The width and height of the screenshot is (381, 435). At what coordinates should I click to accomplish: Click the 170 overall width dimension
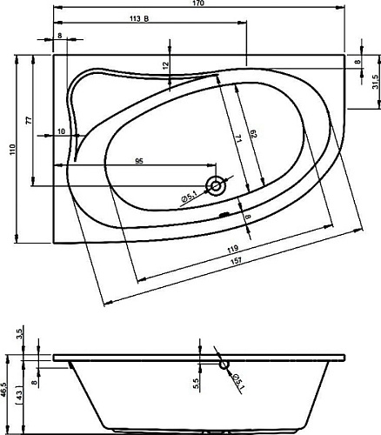point(200,3)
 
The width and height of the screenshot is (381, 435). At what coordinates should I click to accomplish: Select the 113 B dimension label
point(139,19)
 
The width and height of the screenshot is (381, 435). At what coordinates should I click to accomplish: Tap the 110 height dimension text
point(12,150)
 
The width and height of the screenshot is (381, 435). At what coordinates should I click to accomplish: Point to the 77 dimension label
point(29,120)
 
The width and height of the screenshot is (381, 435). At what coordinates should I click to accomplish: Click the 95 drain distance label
point(139,161)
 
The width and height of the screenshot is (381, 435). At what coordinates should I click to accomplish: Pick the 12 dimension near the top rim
point(165,65)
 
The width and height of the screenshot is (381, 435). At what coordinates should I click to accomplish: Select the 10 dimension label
point(62,131)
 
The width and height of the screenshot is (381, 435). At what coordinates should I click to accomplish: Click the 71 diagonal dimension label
point(238,138)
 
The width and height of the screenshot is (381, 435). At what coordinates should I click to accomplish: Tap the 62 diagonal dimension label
point(253,134)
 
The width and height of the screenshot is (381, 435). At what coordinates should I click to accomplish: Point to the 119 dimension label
point(232,249)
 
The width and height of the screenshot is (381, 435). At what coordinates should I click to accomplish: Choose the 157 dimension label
point(237,260)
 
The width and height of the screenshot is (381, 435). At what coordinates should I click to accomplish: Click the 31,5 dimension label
point(376,82)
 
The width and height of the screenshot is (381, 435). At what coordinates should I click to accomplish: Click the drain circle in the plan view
point(216,185)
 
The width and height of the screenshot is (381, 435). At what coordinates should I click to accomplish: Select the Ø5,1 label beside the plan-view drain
point(189,198)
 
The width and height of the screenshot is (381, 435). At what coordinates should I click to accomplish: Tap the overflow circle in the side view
point(224,365)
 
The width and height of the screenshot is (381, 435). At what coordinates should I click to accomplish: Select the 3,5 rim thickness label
point(20,332)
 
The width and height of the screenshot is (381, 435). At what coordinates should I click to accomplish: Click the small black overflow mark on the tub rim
point(224,215)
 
